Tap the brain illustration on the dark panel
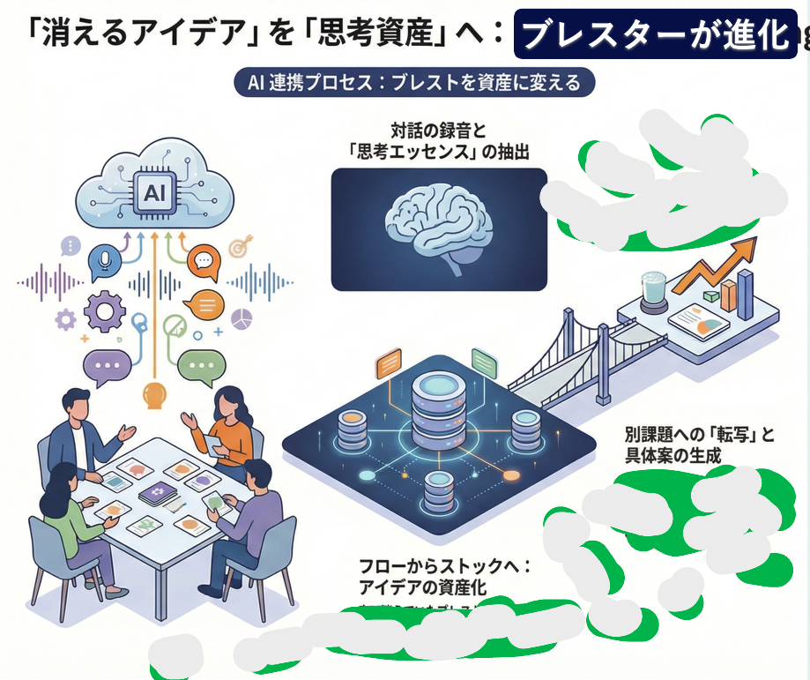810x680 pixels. [438, 226]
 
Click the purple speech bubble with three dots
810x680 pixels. [107, 366]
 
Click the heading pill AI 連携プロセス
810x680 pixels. [414, 83]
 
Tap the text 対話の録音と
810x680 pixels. [438, 131]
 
